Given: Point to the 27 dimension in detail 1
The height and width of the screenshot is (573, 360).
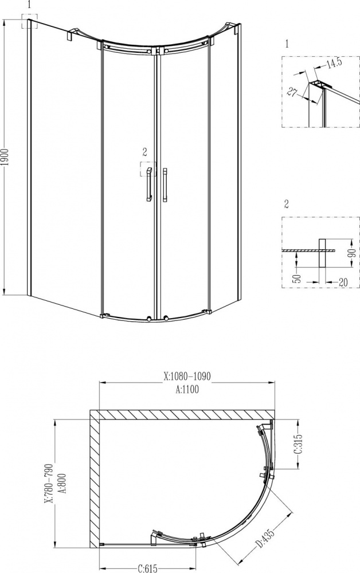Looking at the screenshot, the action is click(x=291, y=92).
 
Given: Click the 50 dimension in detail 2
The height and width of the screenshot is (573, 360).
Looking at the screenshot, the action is click(x=298, y=278).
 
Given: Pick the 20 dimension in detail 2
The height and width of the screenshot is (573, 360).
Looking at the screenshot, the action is click(x=343, y=282).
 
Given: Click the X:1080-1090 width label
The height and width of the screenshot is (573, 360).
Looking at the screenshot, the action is click(x=187, y=376).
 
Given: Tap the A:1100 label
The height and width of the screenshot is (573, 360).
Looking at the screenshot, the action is click(x=187, y=390).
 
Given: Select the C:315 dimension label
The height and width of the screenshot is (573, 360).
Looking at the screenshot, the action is click(x=298, y=444).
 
